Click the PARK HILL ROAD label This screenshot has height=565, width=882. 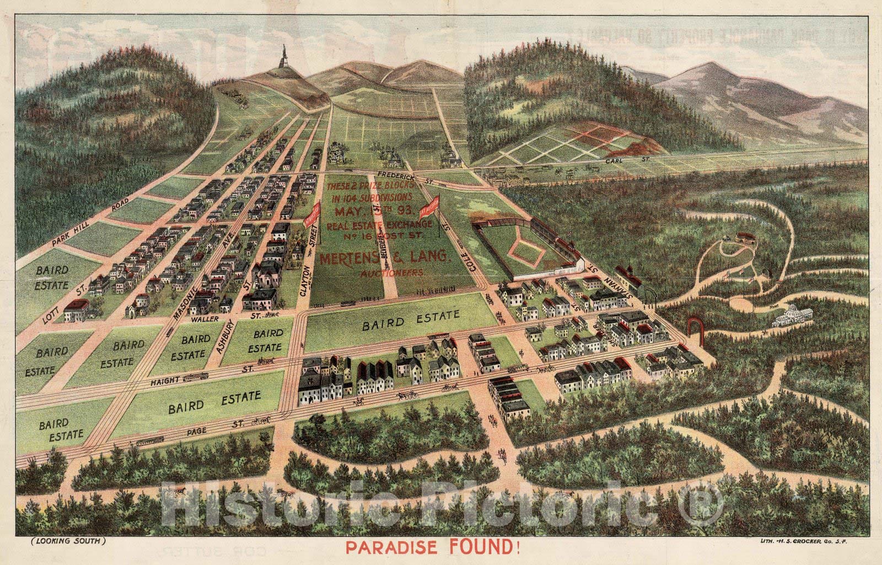[91, 225]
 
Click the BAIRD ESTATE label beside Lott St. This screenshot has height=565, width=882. [53, 278]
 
